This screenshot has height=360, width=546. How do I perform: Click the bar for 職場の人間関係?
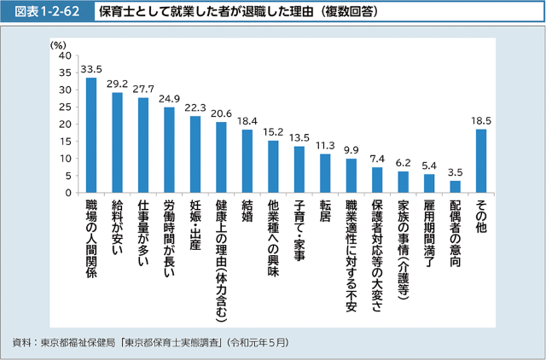coord(91,135)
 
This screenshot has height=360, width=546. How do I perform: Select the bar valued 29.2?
coord(117,142)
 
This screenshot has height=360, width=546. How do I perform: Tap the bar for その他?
coord(481,160)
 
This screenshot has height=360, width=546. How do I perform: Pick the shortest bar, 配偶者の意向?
coord(455,186)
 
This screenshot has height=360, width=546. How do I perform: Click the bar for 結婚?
coord(247,160)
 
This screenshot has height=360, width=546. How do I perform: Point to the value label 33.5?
coord(91,69)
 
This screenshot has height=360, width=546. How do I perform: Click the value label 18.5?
coord(481,121)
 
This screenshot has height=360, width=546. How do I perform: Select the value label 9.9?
coord(351,150)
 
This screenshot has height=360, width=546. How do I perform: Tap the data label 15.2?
coord(273,132)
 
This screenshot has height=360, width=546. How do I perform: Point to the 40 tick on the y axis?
coord(64,55)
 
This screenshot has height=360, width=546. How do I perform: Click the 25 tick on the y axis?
coord(64,107)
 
